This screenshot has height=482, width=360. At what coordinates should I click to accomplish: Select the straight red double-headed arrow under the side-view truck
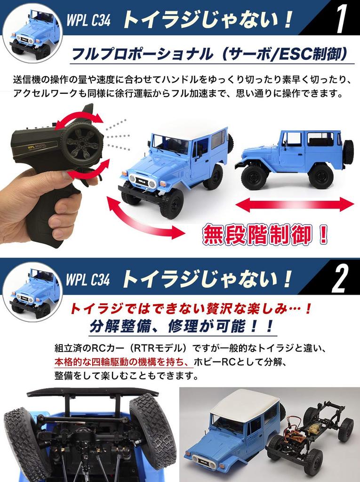pos(294,204)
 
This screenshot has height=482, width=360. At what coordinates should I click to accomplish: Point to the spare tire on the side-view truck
pos(348,152)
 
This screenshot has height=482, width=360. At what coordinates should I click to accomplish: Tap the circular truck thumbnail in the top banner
pos(32,32)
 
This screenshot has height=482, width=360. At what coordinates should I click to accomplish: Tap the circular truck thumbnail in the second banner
pos(32,292)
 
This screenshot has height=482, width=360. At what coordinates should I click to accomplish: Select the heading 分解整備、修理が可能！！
pos(181,326)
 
